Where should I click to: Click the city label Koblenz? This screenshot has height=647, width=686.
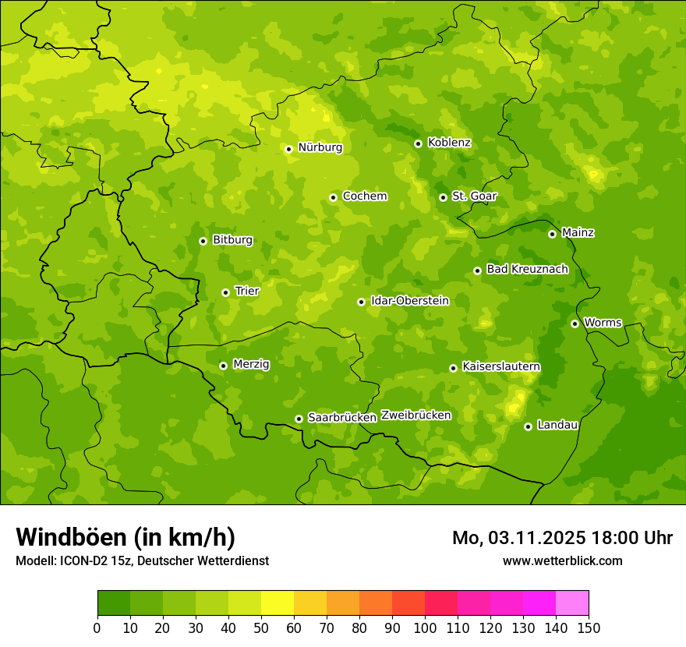coord(449,143)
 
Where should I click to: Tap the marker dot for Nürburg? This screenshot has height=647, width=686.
coord(288,149)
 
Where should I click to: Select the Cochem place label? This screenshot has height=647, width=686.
coord(364,196)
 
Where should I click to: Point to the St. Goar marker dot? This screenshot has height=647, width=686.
coord(443,197)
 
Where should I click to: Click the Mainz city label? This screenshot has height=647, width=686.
coord(578,232)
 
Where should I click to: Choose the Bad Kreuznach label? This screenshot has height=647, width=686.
coord(527,269)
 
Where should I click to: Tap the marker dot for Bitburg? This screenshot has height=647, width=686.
coord(203,241)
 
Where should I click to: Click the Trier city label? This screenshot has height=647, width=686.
coord(246,291)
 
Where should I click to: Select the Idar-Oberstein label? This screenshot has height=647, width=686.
coord(409,300)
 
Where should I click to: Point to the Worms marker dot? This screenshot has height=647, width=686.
coord(575,323)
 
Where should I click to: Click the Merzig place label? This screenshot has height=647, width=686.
coord(251,364)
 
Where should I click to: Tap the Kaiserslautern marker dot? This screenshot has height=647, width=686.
coord(453,368)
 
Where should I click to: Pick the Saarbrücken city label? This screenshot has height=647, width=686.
coord(341,417)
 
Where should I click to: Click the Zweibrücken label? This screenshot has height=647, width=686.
coord(415,415)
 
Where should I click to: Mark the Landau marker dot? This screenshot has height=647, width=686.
coord(528,426)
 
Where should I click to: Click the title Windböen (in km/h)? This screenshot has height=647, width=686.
coord(126,537)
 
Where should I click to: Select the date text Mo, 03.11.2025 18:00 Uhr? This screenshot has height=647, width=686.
coord(562,538)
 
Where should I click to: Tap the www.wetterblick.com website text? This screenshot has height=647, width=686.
coord(562,560)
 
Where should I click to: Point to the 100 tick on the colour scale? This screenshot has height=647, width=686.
coord(425,628)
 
